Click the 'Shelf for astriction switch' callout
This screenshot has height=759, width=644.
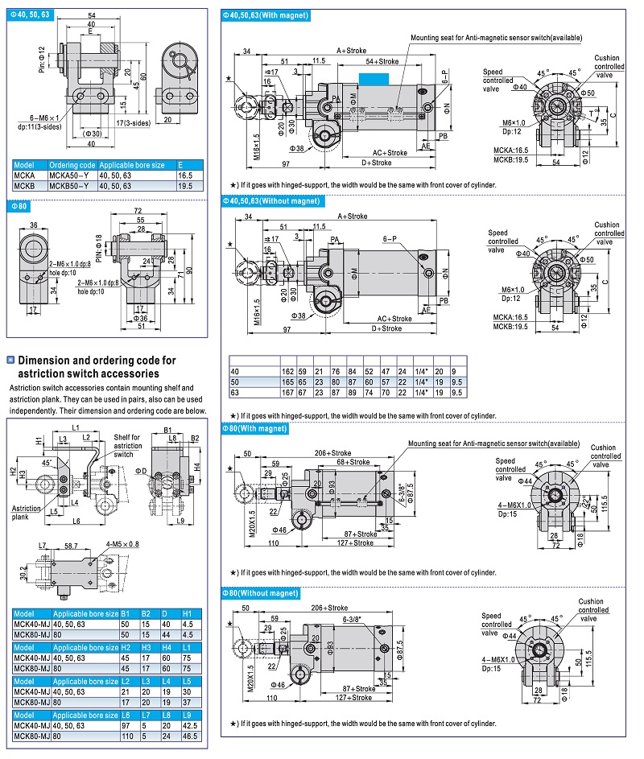point(127,445)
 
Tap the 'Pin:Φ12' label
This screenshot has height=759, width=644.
point(42,60)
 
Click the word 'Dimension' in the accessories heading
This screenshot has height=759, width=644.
point(48,361)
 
